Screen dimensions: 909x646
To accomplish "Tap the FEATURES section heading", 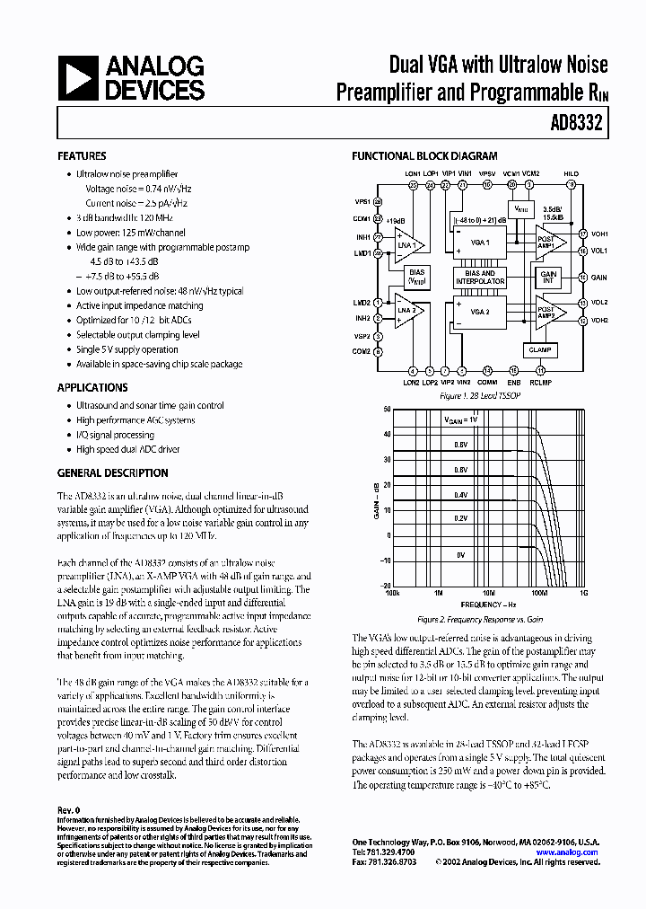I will (82, 155).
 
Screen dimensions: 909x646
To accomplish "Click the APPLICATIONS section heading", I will (92, 387).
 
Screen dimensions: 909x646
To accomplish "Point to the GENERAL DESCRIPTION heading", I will (112, 472).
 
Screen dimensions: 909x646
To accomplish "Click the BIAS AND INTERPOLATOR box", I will (481, 278).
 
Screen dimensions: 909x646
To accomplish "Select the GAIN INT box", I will (548, 278).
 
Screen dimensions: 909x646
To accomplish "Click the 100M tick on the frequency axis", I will (538, 593).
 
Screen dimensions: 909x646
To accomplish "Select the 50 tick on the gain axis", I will (387, 409).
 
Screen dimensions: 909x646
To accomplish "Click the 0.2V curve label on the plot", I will (460, 518).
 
